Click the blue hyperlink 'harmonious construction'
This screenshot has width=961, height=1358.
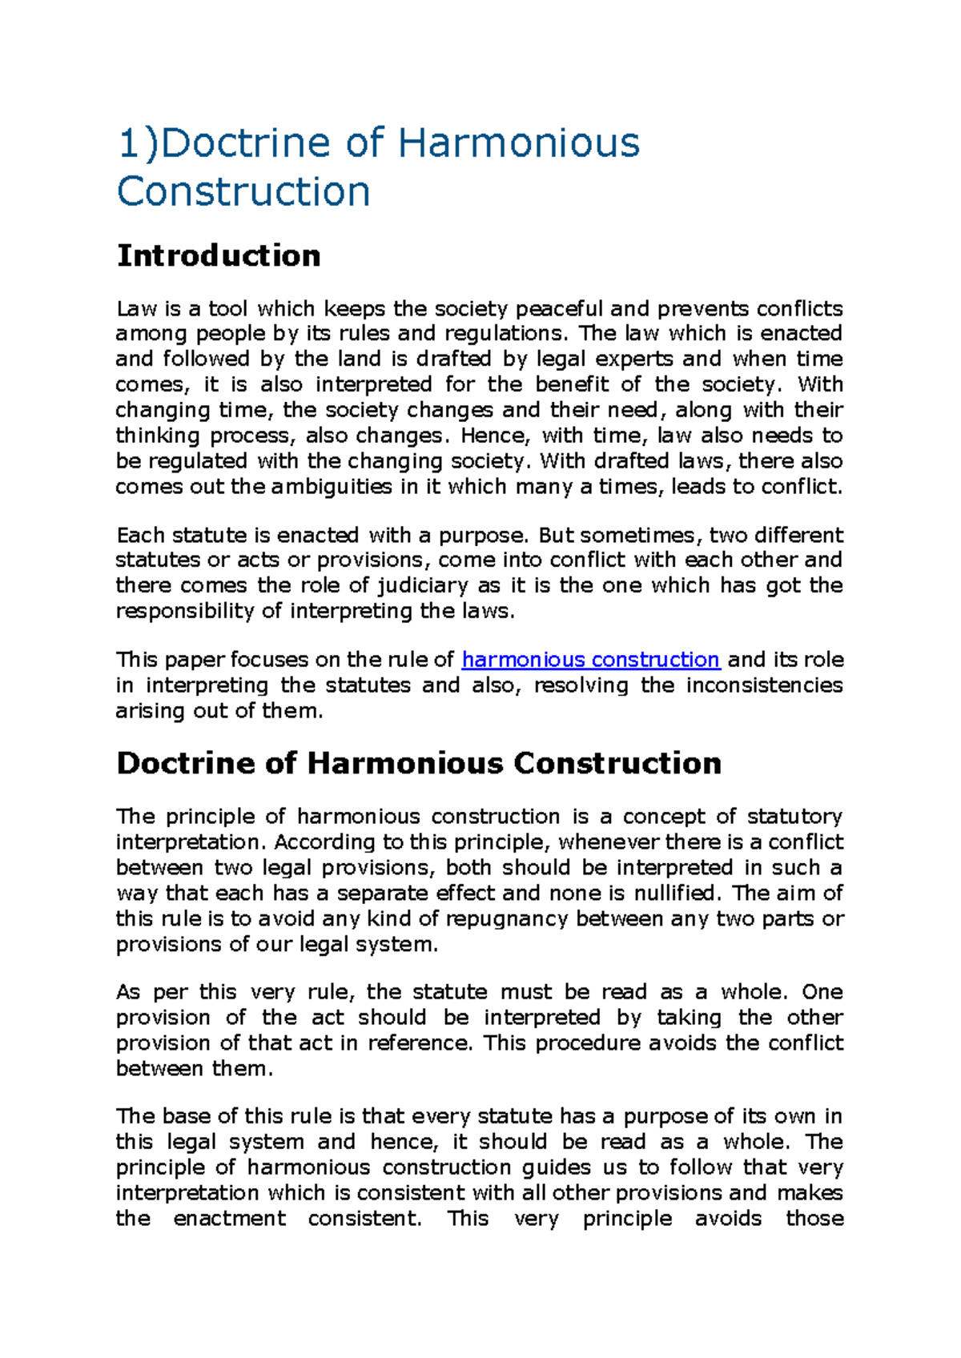click(x=590, y=660)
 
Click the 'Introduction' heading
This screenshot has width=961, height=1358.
click(x=219, y=255)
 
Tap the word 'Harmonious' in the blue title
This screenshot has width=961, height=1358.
click(x=518, y=143)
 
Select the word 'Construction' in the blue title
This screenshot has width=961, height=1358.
click(x=243, y=192)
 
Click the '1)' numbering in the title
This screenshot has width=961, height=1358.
click(x=138, y=143)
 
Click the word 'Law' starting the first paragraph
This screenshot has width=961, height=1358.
click(x=132, y=308)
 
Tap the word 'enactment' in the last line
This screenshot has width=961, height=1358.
click(x=229, y=1219)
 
